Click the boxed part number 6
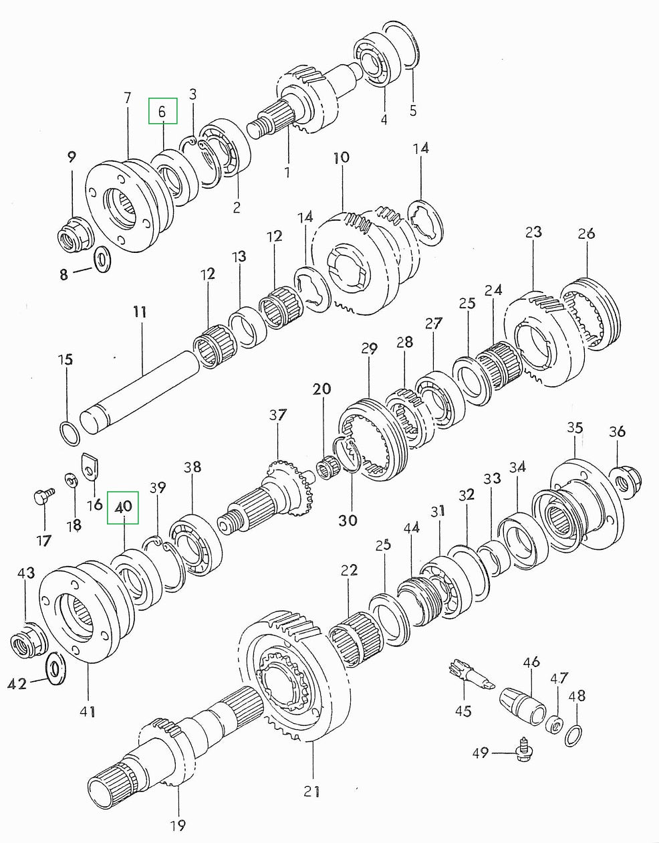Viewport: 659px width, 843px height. (x=162, y=111)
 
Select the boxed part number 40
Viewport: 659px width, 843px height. (x=123, y=507)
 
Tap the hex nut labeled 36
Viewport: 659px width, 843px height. (x=628, y=479)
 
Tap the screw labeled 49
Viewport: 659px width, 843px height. (x=523, y=753)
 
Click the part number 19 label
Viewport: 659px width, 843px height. (x=177, y=825)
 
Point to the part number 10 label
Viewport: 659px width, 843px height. (x=341, y=158)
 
